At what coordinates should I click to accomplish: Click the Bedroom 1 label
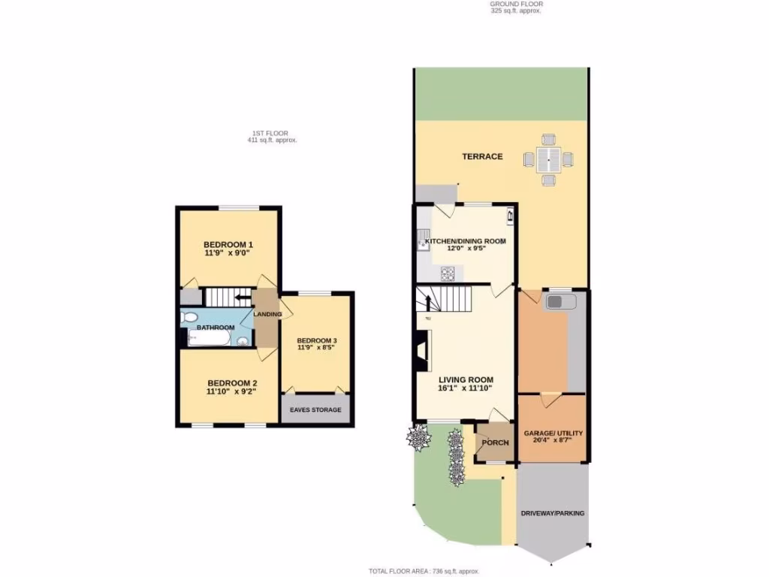(228, 244)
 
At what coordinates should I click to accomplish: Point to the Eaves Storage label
(315, 409)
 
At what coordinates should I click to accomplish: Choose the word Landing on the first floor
(267, 314)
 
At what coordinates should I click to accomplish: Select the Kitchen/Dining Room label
(466, 241)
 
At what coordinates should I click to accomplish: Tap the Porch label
(495, 443)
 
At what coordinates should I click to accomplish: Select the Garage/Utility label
(553, 434)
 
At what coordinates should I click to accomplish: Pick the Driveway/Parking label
(553, 513)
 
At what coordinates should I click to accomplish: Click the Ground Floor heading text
(515, 4)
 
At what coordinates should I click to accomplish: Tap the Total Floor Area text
(424, 571)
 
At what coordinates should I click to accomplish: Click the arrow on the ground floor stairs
(429, 302)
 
